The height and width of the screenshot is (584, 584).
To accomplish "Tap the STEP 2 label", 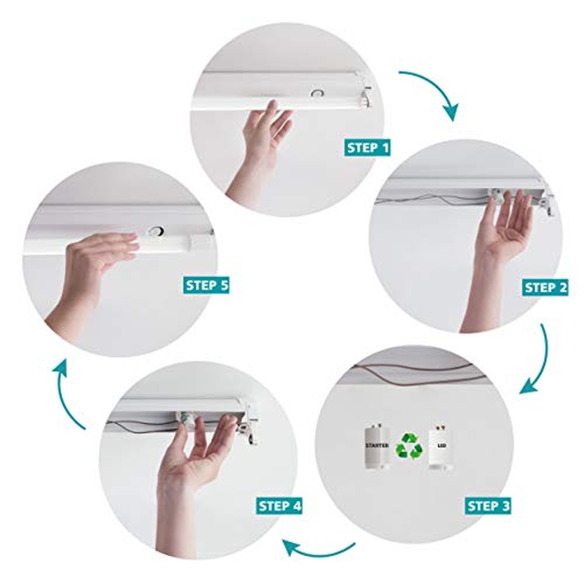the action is point(545,287).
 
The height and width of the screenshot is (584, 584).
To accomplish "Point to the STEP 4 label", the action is point(279,506).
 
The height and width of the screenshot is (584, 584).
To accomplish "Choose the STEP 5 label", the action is point(206,285).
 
